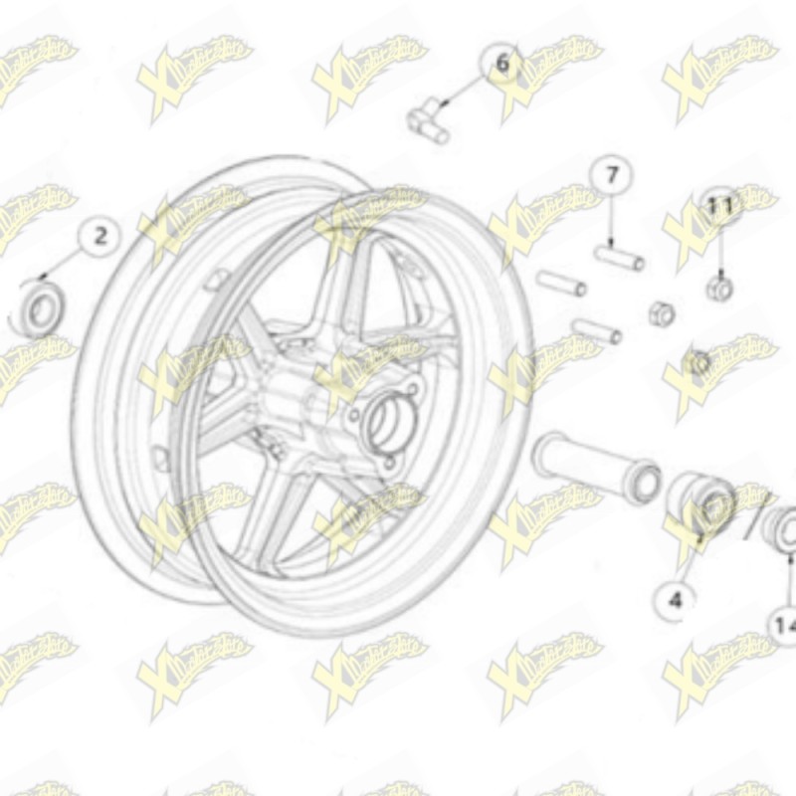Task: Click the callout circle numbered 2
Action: [x=99, y=237]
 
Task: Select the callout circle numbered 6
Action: [x=501, y=64]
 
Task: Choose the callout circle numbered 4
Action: [x=676, y=599]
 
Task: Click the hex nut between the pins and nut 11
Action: [x=660, y=312]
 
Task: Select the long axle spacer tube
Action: [x=593, y=466]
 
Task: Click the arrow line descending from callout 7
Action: [x=610, y=221]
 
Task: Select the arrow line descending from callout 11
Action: [x=718, y=249]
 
